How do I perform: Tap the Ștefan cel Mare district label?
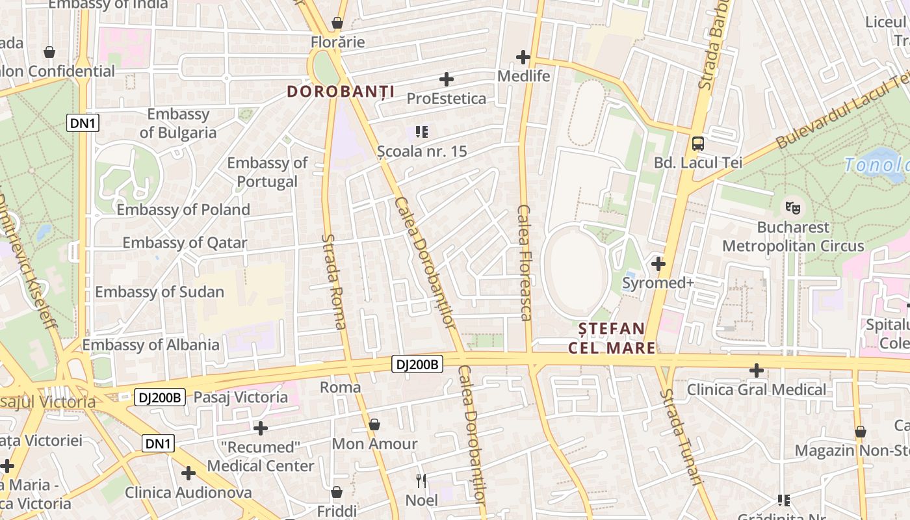pos(611,338)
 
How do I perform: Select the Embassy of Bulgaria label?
pos(177,123)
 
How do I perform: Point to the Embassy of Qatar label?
pos(185,243)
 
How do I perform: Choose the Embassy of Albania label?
pos(151,344)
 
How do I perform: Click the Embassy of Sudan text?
pos(159,292)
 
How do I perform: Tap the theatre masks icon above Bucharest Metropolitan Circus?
pos(792,208)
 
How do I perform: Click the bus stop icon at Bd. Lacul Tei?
pos(697,143)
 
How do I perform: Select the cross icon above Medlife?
pos(523,57)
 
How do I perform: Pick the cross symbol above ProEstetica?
pos(447,79)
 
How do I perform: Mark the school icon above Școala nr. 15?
pos(422,132)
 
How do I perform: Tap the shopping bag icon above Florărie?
pos(337,23)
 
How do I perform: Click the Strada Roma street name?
pos(333,281)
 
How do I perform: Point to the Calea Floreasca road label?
pos(524,263)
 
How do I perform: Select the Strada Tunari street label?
pos(681,437)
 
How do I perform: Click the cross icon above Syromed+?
pos(658,264)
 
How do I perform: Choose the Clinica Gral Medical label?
pos(757,390)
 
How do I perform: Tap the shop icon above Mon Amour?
pos(374,425)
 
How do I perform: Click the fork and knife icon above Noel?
pos(421,481)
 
